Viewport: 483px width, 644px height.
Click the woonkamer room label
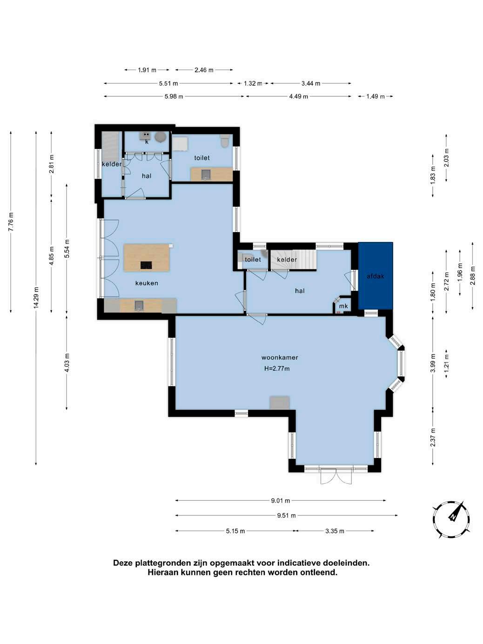(280, 357)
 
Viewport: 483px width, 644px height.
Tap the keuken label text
(147, 283)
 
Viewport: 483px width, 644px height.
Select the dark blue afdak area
(376, 276)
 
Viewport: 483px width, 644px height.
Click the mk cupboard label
(343, 306)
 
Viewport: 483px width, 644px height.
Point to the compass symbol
(451, 519)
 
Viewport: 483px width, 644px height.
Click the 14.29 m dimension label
(36, 297)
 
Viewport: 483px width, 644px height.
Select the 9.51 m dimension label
(287, 515)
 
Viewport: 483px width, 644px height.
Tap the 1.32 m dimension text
(253, 83)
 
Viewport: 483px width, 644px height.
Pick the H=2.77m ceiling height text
(277, 369)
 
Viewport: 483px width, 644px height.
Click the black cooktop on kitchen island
(146, 265)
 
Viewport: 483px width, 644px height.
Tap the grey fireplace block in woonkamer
(280, 402)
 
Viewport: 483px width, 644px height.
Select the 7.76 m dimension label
(11, 221)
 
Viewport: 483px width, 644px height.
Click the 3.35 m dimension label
(335, 531)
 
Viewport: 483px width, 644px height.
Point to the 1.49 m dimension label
(376, 96)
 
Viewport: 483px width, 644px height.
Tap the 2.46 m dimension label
(204, 70)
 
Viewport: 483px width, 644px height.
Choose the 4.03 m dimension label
(67, 362)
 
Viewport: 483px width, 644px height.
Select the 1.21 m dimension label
(446, 362)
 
